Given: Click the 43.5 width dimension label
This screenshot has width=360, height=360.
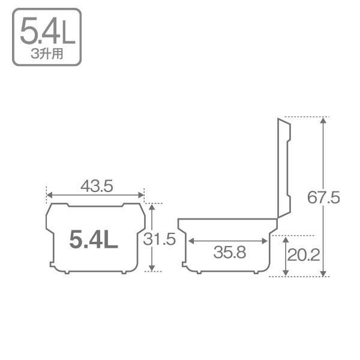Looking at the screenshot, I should (x=97, y=186).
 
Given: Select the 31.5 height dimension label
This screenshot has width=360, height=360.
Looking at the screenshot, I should (x=160, y=239).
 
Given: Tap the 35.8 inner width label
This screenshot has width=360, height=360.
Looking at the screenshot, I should (x=229, y=253).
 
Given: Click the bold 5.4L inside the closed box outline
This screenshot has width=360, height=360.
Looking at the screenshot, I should (x=94, y=240).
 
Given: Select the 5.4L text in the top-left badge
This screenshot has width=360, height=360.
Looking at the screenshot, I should (x=47, y=33).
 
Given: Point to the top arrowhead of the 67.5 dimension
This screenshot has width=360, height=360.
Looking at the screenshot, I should (x=324, y=119).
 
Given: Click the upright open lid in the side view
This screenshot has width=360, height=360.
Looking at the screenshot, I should (x=283, y=168).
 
